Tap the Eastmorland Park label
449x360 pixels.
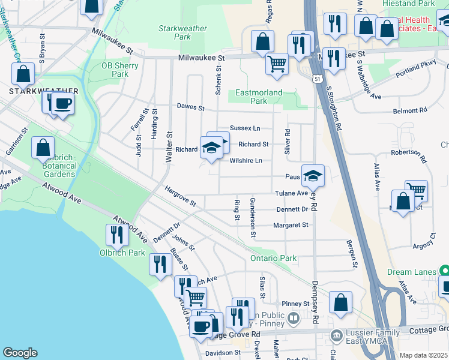tap(259, 97)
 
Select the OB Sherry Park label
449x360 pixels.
tap(115, 70)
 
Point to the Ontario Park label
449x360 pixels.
tap(274, 258)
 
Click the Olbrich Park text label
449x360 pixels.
tap(122, 253)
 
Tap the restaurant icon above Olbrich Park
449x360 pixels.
tap(116, 235)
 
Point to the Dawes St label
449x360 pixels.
tap(190, 107)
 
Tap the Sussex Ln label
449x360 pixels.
tap(245, 128)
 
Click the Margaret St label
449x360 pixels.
tap(291, 225)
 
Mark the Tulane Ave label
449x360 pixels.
tap(291, 193)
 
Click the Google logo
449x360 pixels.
tap(20, 353)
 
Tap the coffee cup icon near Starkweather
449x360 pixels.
tap(62, 103)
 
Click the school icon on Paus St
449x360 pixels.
tap(313, 175)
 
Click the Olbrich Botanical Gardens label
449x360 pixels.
tap(53, 166)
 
